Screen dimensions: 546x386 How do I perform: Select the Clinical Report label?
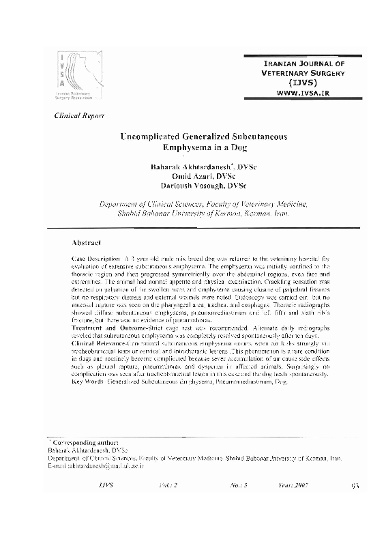coord(79,115)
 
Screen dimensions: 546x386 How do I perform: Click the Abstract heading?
coord(87,242)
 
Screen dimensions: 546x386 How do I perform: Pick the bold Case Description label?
coord(95,262)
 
